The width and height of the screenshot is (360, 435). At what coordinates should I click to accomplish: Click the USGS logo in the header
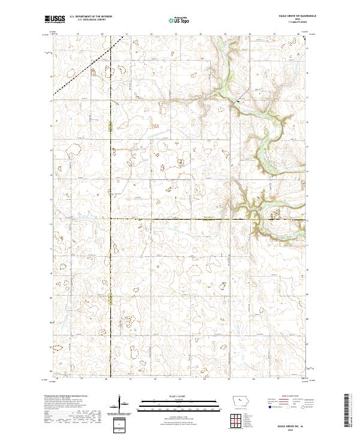pos(55,19)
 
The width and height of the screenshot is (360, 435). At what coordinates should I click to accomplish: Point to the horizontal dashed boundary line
pos(180,219)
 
